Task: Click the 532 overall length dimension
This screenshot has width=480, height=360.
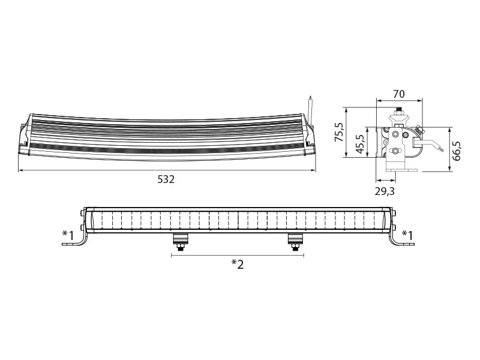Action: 166,179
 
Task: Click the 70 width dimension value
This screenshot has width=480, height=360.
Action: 398,94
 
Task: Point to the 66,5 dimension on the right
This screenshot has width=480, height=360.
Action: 457,151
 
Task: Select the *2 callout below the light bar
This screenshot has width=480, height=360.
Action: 238,264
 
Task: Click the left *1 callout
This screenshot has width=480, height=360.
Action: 68,234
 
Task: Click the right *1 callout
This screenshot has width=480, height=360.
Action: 407,234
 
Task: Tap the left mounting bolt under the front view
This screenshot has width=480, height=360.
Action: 179,241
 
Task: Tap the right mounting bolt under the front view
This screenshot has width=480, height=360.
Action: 295,241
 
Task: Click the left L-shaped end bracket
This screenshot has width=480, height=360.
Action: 78,240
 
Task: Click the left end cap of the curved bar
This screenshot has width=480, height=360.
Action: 25,137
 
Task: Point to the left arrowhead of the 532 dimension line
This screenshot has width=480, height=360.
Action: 21,170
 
